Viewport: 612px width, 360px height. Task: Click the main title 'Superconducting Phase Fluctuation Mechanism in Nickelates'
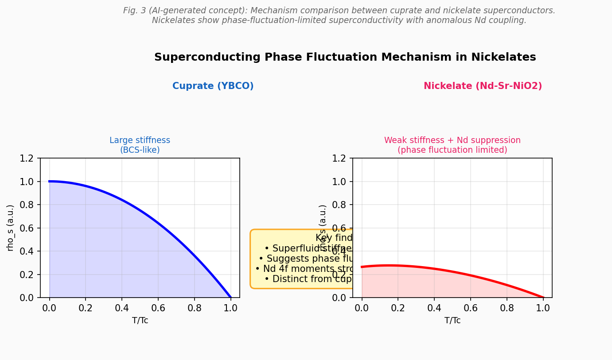tap(345, 57)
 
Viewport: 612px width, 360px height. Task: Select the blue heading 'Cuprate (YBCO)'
tap(213, 86)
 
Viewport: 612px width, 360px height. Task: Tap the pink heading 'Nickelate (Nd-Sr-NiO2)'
tap(483, 86)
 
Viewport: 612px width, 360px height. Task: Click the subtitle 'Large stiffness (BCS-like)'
tap(140, 145)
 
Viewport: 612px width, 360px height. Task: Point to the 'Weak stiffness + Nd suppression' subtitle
tap(452, 140)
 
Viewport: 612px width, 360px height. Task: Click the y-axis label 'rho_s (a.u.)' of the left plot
tap(10, 228)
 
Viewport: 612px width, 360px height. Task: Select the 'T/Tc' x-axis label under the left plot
tap(140, 320)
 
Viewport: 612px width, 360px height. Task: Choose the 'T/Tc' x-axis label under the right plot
tap(452, 320)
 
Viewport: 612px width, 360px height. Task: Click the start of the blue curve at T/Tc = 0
tap(50, 182)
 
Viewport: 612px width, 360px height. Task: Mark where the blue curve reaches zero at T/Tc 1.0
tap(230, 297)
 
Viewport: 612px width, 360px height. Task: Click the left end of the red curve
tap(362, 267)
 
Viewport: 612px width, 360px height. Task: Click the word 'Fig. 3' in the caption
tap(134, 11)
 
